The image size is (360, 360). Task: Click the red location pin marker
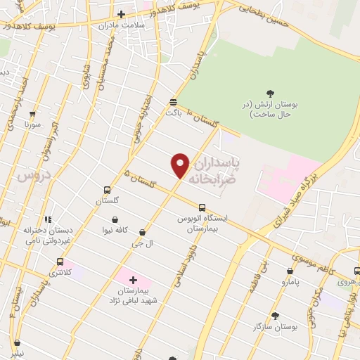pos(181,166)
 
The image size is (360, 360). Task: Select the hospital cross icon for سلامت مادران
pos(122,14)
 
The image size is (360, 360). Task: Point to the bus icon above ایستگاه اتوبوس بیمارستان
pos(202,207)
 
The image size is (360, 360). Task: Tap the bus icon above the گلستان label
pos(107,190)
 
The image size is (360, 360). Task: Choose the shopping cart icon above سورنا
pos(32,114)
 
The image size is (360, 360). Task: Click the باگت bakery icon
pos(173,102)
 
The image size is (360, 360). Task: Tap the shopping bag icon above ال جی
pos(143,232)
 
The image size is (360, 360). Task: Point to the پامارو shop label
pos(290,281)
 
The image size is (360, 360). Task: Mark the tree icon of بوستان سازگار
pos(275,316)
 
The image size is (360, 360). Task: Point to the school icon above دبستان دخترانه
pos(48,220)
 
